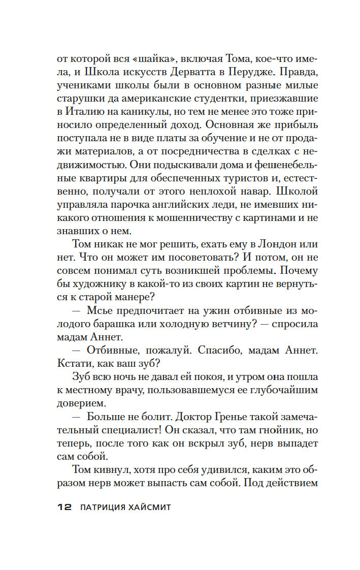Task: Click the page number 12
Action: (x=64, y=508)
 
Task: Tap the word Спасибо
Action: (x=219, y=350)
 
